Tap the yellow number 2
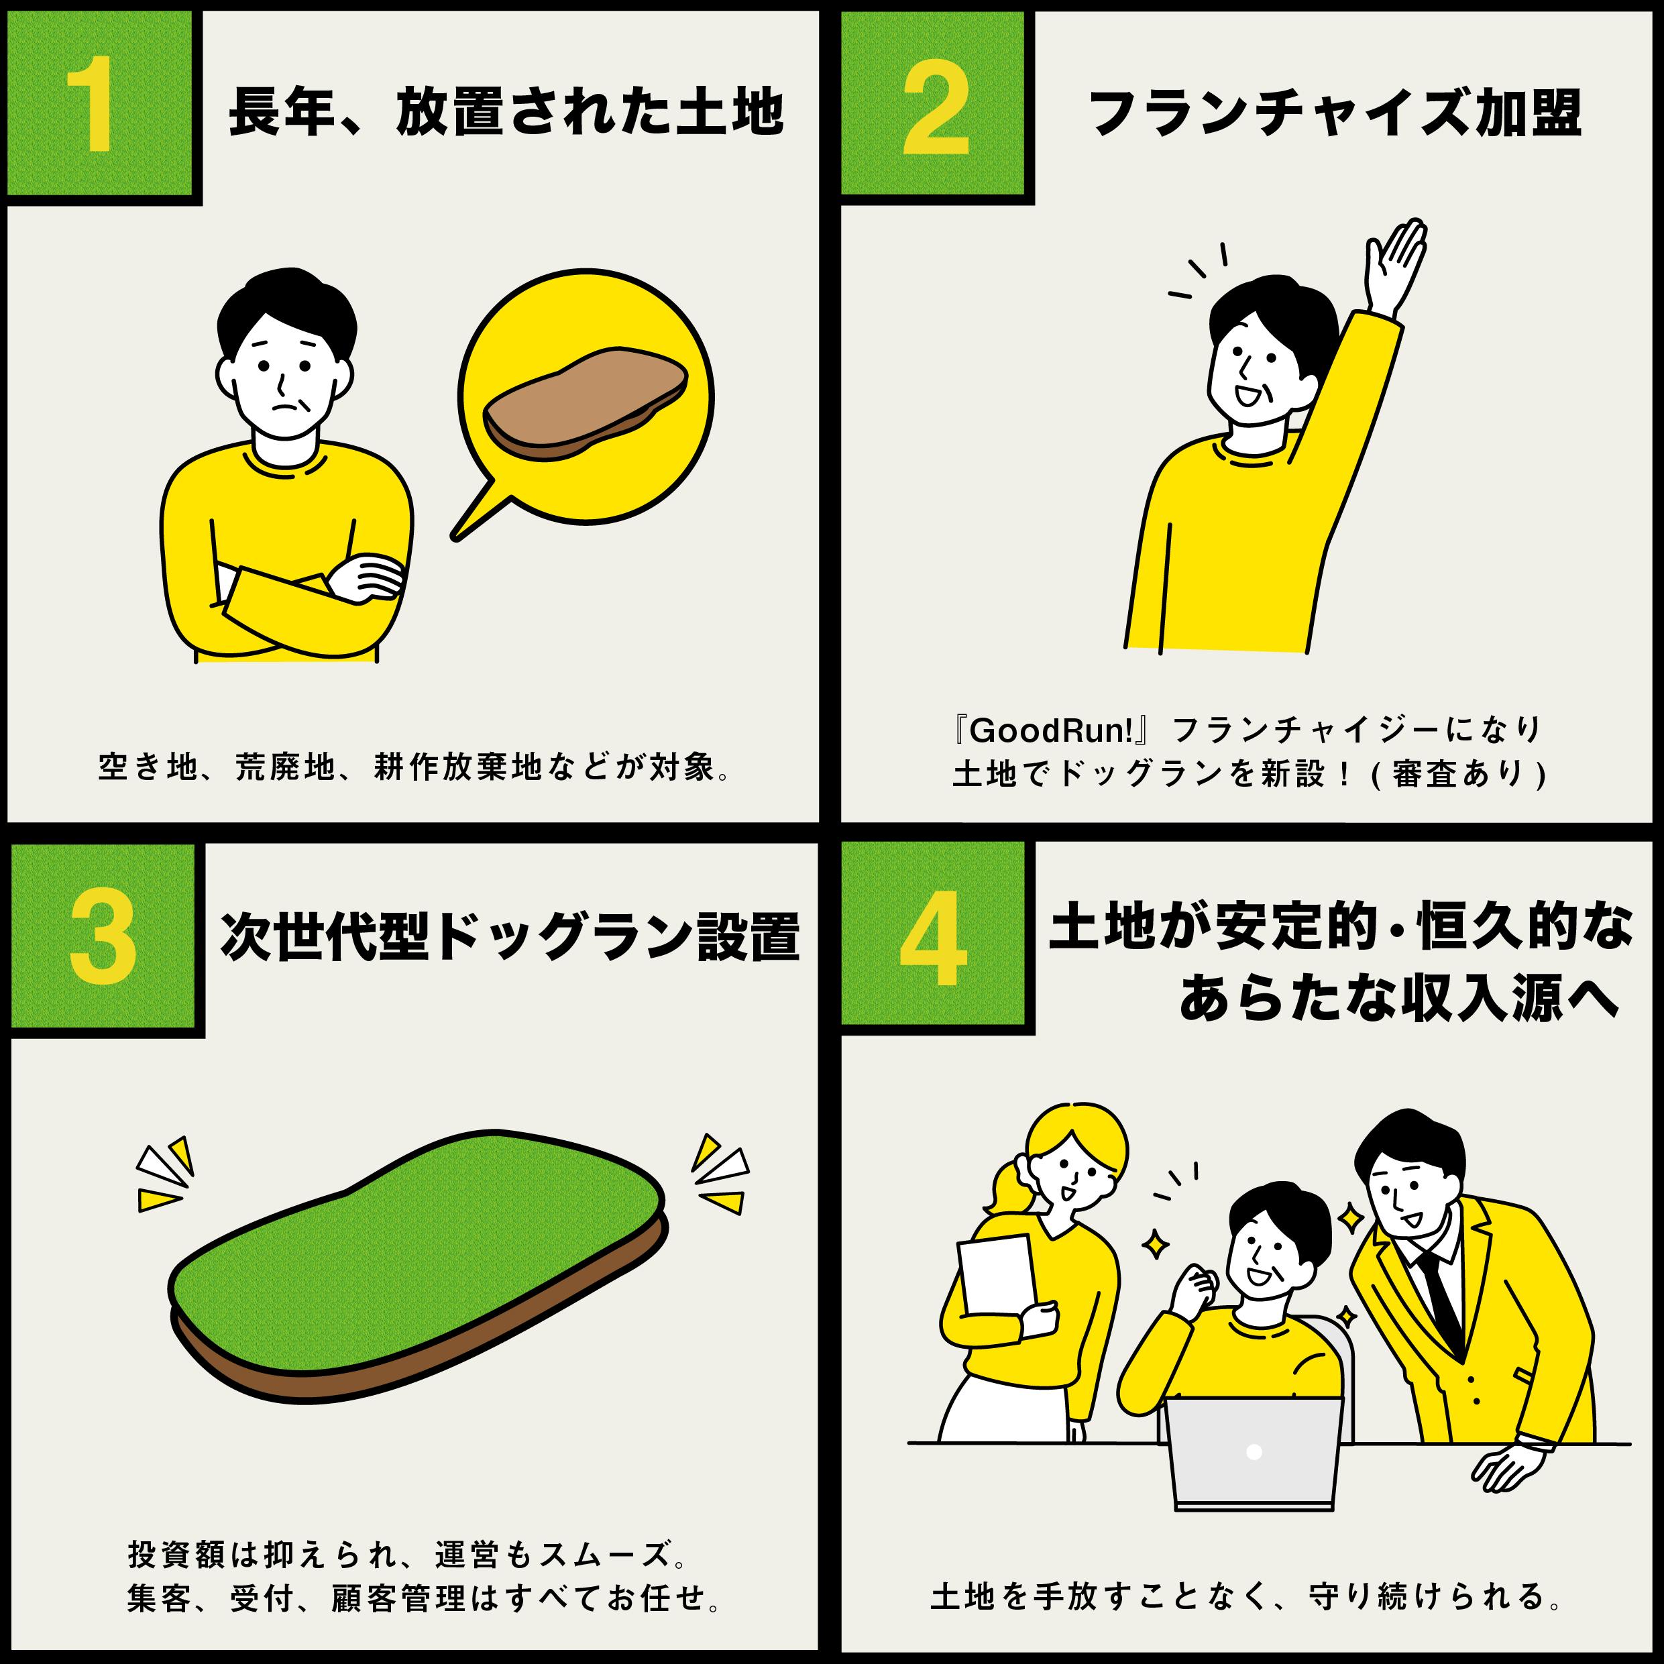pos(936,109)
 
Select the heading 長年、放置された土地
pos(506,112)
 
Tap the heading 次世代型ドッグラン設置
pos(509,936)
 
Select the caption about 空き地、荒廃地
pos(414,767)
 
